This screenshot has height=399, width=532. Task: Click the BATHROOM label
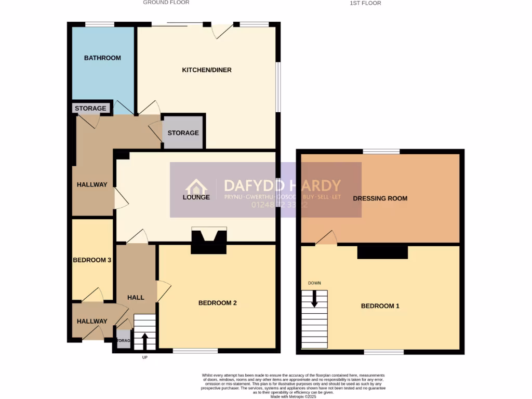[102, 58]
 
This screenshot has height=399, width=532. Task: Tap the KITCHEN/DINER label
[206, 70]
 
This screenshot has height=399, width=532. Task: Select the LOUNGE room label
[196, 197]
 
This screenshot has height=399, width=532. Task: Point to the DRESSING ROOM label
[380, 198]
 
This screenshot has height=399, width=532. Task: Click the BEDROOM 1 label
[380, 306]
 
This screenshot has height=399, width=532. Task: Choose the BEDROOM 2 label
[218, 303]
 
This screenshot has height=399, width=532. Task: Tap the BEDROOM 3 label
[92, 260]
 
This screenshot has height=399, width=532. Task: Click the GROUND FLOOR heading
[166, 3]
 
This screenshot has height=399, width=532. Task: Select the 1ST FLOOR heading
[366, 3]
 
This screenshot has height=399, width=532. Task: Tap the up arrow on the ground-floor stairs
[144, 341]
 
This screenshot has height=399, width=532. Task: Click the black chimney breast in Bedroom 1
[382, 252]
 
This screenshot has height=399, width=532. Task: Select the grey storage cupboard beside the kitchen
[183, 133]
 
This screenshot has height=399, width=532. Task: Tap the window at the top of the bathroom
[100, 24]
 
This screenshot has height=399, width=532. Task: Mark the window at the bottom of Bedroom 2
[195, 351]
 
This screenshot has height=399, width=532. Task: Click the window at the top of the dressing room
[381, 151]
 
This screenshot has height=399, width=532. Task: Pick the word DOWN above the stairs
[314, 283]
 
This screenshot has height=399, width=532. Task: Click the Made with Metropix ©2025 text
[294, 396]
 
